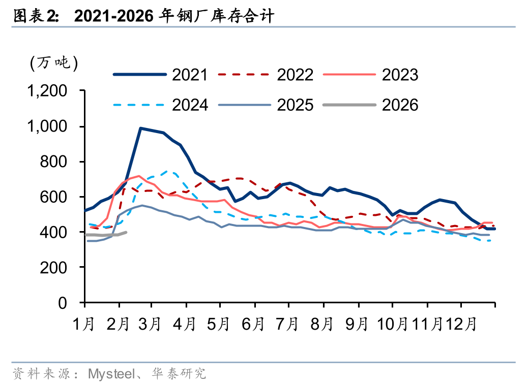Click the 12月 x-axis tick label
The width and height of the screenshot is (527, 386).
pyautogui.click(x=463, y=323)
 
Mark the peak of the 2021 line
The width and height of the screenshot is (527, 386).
pyautogui.click(x=140, y=128)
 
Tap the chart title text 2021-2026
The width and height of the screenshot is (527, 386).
pyautogui.click(x=114, y=17)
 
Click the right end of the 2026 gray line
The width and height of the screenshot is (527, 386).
pyautogui.click(x=126, y=232)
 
